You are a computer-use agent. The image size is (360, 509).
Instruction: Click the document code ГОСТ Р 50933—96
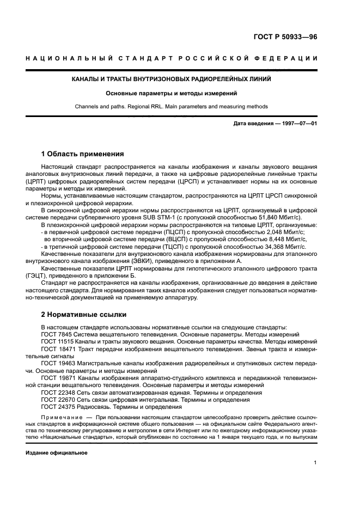tap(285, 38)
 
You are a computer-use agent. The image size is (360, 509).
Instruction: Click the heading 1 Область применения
tap(83, 154)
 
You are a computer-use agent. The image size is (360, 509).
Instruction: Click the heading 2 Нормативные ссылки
tap(84, 314)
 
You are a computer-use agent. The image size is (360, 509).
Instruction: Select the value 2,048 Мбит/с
tap(280, 231)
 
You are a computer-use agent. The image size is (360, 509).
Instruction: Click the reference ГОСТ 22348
tap(59, 392)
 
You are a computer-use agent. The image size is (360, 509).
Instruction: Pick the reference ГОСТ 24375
tap(59, 406)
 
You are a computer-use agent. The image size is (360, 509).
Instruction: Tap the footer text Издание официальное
tap(57, 452)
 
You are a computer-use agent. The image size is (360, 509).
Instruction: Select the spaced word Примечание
tap(61, 417)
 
